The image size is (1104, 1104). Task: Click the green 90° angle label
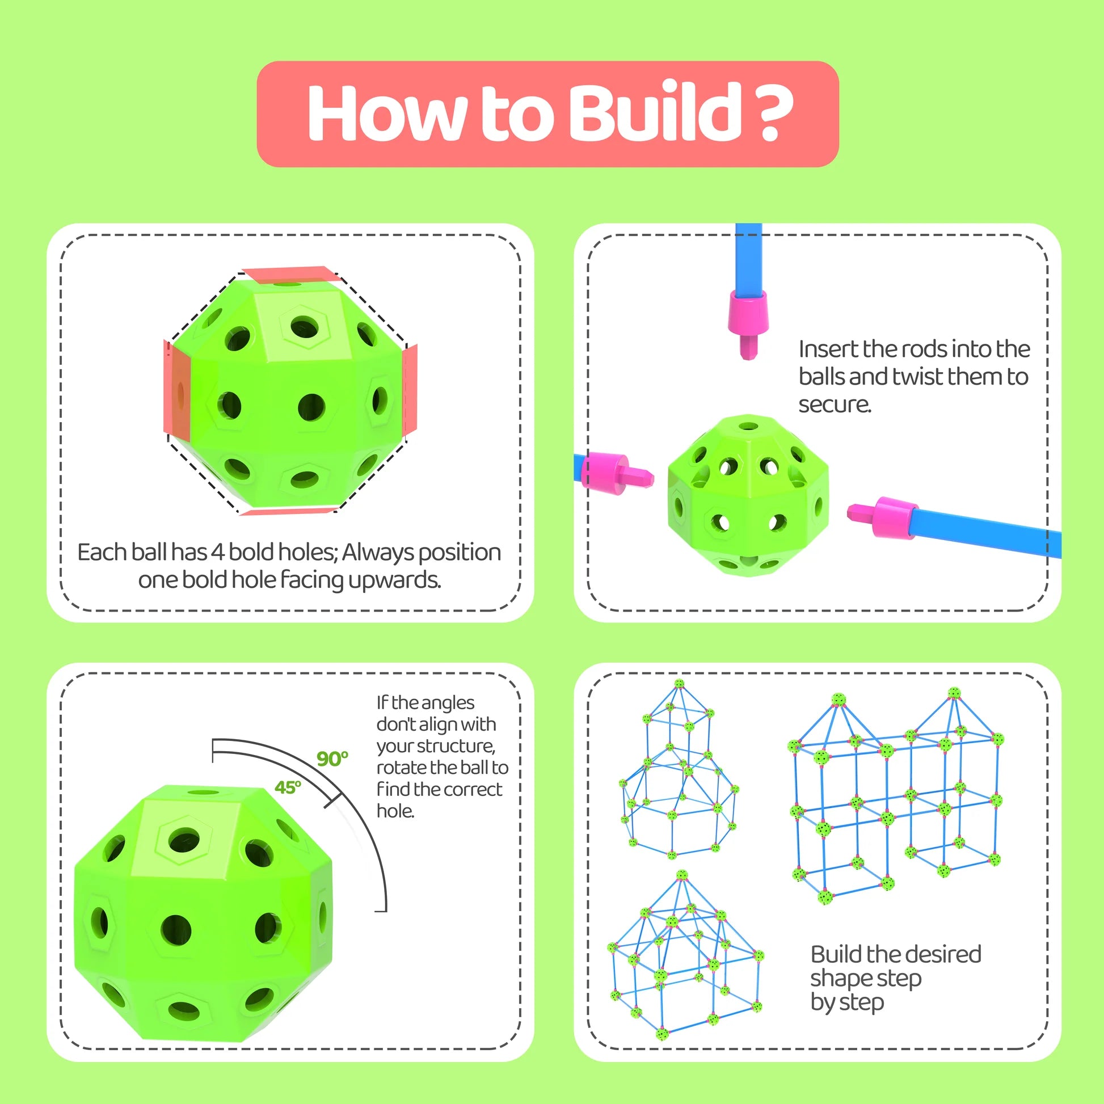[332, 759]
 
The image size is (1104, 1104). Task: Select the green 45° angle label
[288, 787]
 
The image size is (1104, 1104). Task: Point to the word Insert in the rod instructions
[829, 348]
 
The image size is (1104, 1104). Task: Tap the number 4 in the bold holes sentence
[217, 552]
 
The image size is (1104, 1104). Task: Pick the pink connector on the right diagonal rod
[882, 516]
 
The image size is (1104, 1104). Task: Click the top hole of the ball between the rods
[748, 426]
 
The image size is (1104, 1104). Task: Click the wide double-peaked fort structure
[895, 798]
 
